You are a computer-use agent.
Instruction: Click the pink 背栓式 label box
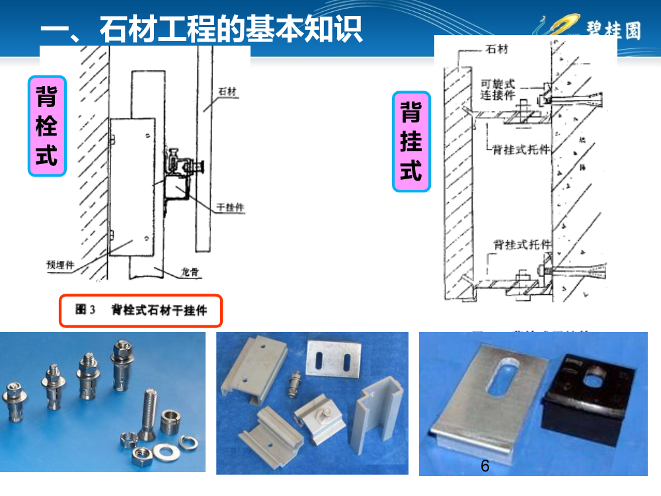pos(47,126)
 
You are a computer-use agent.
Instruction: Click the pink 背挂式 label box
pos(411,142)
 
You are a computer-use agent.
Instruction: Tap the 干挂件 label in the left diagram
pos(231,208)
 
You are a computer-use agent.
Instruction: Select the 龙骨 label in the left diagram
pos(189,271)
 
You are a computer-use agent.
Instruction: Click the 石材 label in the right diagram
pos(496,50)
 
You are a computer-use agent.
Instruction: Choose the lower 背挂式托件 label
pos(522,244)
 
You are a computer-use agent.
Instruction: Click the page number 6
pos(485,466)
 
